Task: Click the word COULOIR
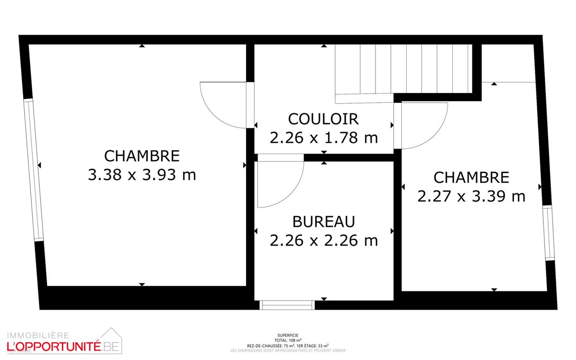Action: pyautogui.click(x=323, y=119)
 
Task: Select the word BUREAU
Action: pyautogui.click(x=324, y=222)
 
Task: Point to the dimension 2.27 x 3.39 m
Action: pyautogui.click(x=471, y=196)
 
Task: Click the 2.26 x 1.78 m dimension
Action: pyautogui.click(x=324, y=138)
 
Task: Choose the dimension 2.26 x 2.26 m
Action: pyautogui.click(x=324, y=240)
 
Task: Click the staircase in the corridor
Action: pyautogui.click(x=403, y=70)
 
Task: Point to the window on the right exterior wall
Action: pyautogui.click(x=548, y=232)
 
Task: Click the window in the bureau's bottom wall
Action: pyautogui.click(x=287, y=305)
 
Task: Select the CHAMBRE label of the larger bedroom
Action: pyautogui.click(x=142, y=156)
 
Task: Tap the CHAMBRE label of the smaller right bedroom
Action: pyautogui.click(x=471, y=178)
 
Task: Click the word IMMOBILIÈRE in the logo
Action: pyautogui.click(x=37, y=335)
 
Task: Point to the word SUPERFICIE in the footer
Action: pyautogui.click(x=288, y=335)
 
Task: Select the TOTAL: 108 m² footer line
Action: pyautogui.click(x=288, y=340)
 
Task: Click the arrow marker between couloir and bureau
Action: pyautogui.click(x=324, y=157)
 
